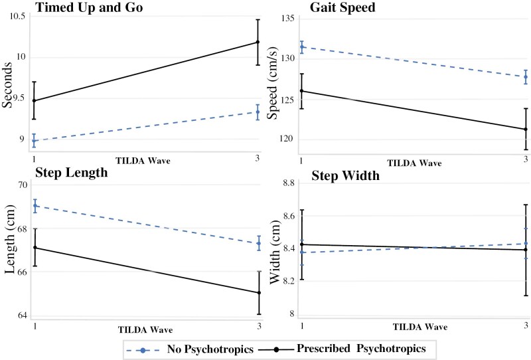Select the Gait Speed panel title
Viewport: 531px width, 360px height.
[343, 8]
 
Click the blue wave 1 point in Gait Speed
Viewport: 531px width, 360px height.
[302, 46]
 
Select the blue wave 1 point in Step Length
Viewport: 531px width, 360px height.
[35, 205]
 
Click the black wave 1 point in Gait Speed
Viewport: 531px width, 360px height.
[302, 91]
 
